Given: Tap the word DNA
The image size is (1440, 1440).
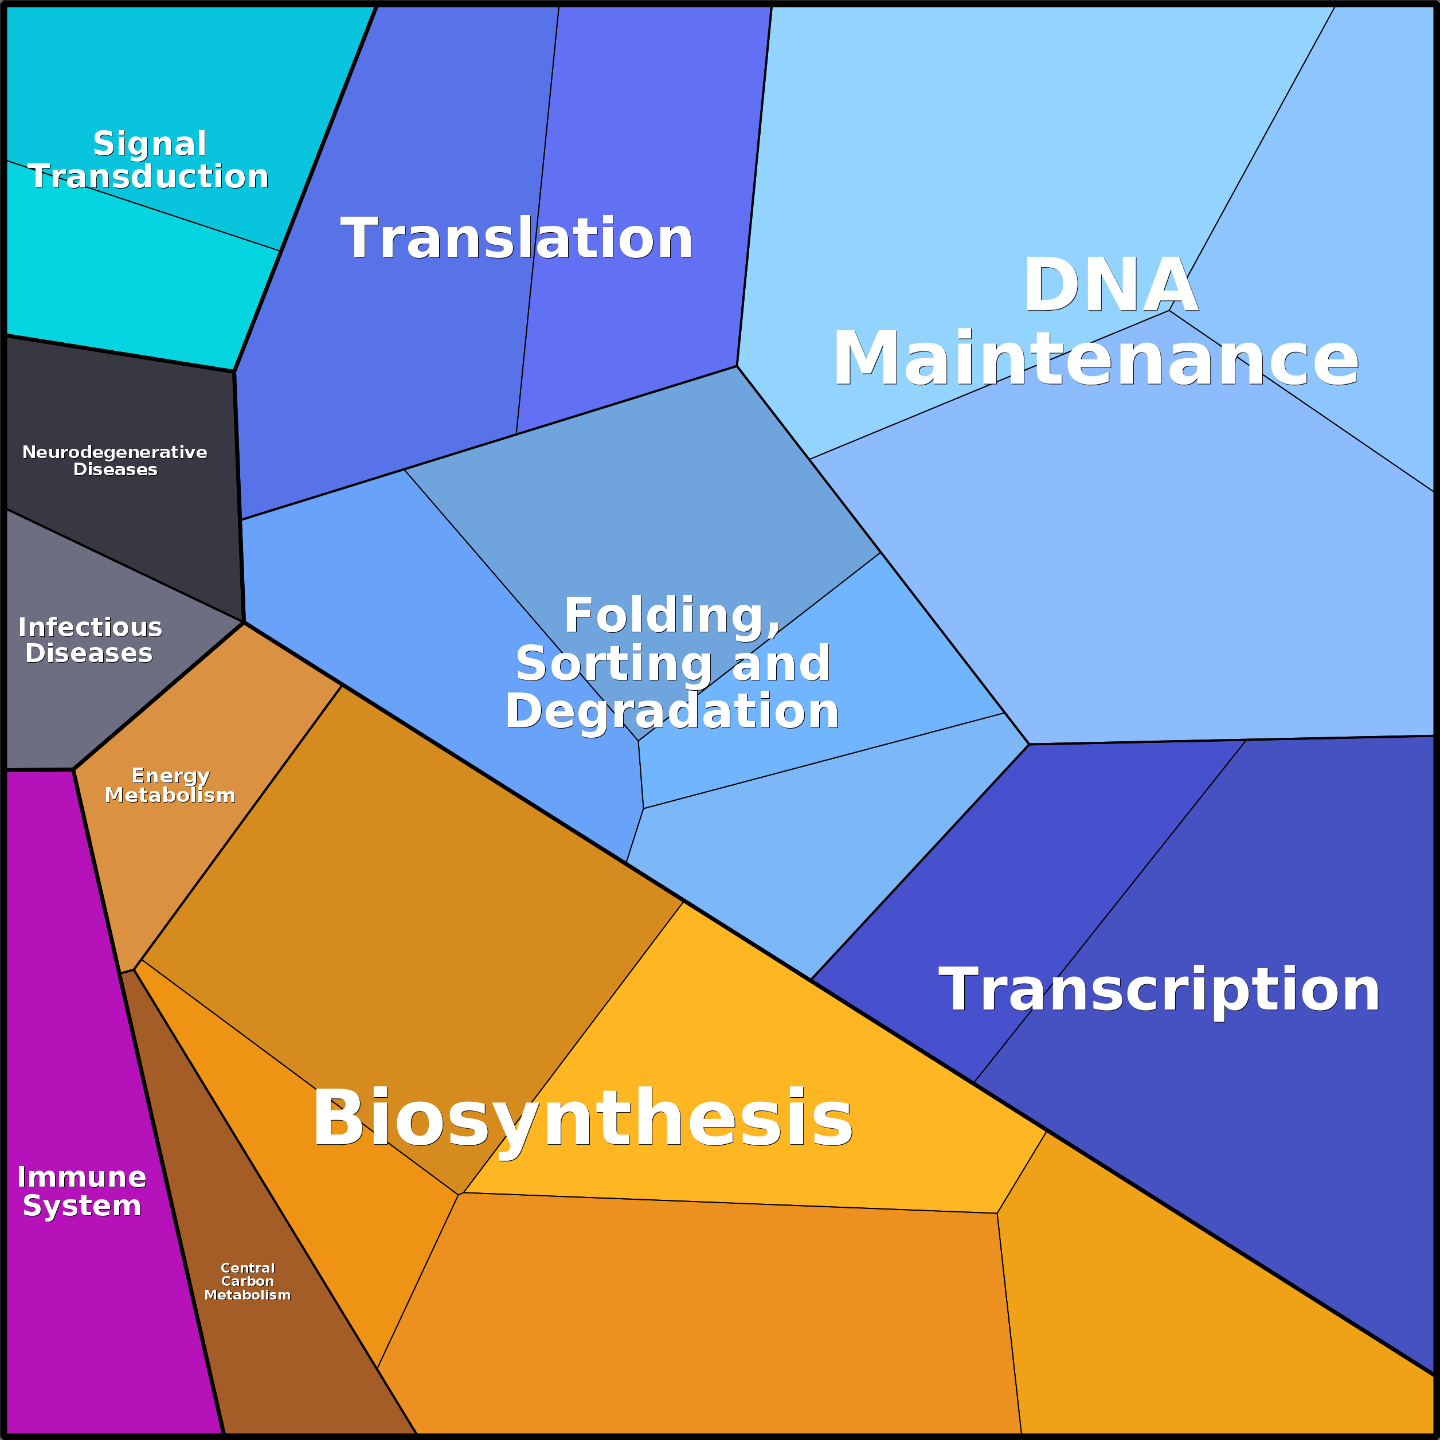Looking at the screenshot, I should pyautogui.click(x=1110, y=285).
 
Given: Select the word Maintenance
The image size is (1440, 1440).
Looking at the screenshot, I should pyautogui.click(x=1095, y=360).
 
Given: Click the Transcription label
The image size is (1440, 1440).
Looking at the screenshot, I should pyautogui.click(x=1159, y=991).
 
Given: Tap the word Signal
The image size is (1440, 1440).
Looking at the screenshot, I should pyautogui.click(x=150, y=144).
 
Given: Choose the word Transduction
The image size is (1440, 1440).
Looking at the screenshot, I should pyautogui.click(x=148, y=177).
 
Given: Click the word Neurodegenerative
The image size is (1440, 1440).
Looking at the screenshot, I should pyautogui.click(x=115, y=452).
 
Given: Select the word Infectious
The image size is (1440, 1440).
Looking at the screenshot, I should pyautogui.click(x=90, y=628).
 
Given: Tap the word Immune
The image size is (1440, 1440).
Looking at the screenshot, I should pyautogui.click(x=82, y=1177).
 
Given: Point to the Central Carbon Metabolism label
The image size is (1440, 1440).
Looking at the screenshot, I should pyautogui.click(x=248, y=1281).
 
